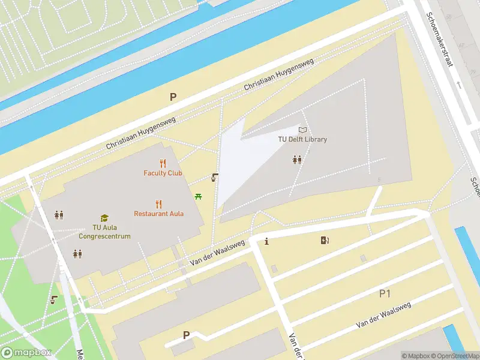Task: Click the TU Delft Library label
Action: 302,139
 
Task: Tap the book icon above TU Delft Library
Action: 302,129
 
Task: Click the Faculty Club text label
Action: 163,173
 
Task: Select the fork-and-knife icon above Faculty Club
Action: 163,163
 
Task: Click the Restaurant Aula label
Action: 159,214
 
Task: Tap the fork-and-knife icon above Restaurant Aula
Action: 159,203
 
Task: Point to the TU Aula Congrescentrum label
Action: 104,232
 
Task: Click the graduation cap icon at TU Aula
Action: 104,218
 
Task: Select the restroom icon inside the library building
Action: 297,160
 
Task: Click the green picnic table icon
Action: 198,196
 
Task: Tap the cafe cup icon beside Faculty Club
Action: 214,178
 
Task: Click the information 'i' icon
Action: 266,241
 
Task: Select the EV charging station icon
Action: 325,241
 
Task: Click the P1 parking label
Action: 385,293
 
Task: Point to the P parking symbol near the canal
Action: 173,96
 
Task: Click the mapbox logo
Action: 26,352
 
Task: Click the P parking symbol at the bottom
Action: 186,335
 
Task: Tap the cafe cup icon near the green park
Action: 55,299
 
